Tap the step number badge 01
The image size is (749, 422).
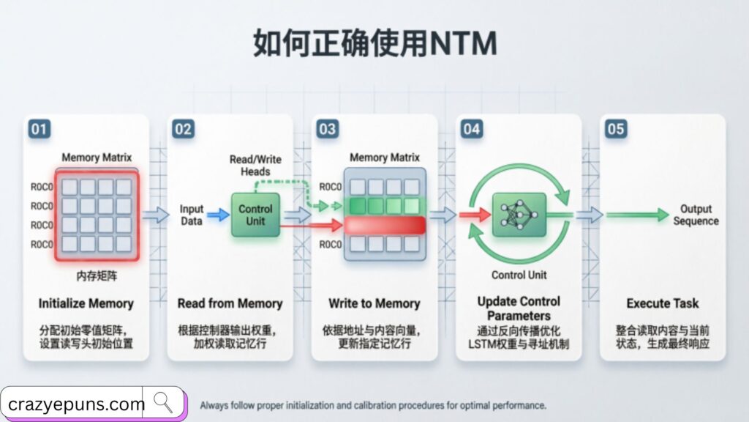pos(39,130)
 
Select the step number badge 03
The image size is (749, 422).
pos(328,130)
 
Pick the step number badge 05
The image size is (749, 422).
pos(616,130)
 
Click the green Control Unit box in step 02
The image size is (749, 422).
pos(255,215)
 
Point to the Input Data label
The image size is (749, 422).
pos(192,215)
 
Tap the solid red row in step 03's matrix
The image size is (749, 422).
pos(385,225)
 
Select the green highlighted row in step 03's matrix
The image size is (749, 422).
pos(385,206)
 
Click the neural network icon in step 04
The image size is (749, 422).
pos(519,215)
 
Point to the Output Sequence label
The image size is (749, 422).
pos(696,215)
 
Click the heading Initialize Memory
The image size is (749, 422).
pos(86,303)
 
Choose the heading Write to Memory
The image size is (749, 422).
pos(374,303)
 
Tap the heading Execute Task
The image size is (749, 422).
pos(663,303)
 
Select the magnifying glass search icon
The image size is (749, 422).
pos(164,402)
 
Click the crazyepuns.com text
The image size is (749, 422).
pos(77,404)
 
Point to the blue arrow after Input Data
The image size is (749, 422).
pos(218,215)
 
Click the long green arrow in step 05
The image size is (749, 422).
pos(636,215)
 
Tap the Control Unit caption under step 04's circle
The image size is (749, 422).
pos(519,275)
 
